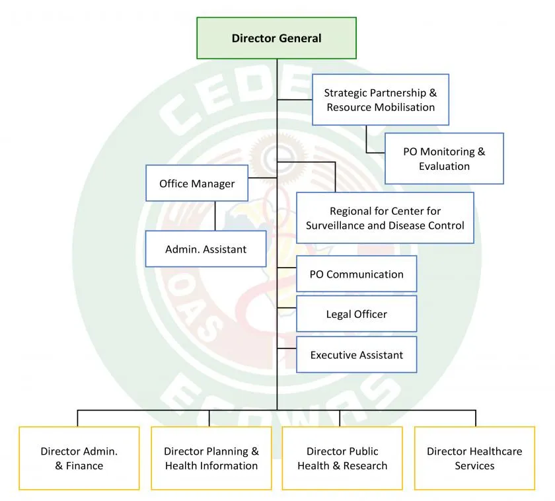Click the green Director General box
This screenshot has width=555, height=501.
pyautogui.click(x=276, y=38)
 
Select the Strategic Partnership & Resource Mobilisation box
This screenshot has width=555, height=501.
pyautogui.click(x=380, y=100)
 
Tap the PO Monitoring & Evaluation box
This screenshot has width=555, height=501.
pyautogui.click(x=444, y=159)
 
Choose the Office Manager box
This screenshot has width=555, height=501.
pyautogui.click(x=197, y=183)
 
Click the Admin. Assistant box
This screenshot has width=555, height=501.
pyautogui.click(x=205, y=249)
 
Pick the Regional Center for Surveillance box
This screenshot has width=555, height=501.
pyautogui.click(x=385, y=218)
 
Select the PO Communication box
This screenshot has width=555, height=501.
pyautogui.click(x=356, y=274)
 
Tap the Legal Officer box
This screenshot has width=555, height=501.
pyautogui.click(x=356, y=314)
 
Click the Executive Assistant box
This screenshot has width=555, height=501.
pyautogui.click(x=356, y=355)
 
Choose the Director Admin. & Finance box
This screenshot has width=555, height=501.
pyautogui.click(x=79, y=458)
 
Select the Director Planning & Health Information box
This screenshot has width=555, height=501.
pyautogui.click(x=211, y=458)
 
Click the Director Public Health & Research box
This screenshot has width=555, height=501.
pyautogui.click(x=342, y=458)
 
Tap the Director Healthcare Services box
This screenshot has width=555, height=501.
pyautogui.click(x=474, y=458)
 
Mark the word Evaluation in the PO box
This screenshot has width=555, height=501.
pyautogui.click(x=444, y=167)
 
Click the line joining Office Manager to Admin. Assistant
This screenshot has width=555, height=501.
pyautogui.click(x=215, y=216)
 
